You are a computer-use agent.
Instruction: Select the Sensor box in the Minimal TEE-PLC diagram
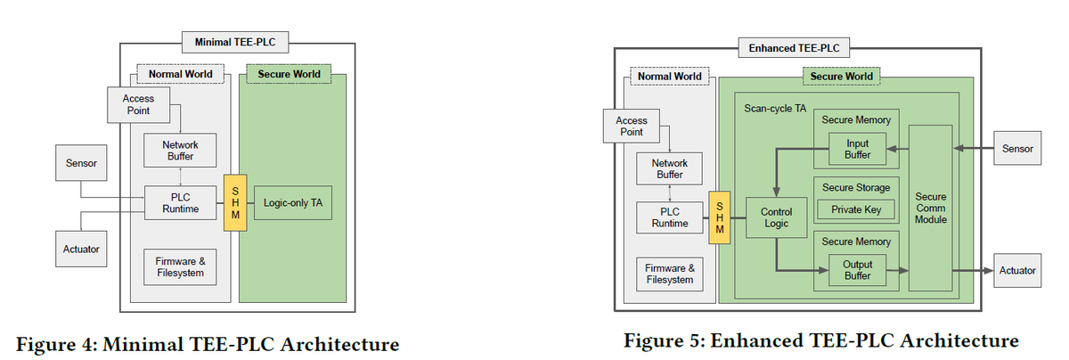point(81,164)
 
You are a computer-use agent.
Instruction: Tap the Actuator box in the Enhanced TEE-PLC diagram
point(1016,270)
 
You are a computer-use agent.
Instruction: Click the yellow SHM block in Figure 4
point(236,203)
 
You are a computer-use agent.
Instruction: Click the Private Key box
point(856,209)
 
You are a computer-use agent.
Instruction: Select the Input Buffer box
point(857,150)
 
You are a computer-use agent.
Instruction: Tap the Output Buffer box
point(857,270)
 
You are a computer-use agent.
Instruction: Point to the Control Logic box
point(775,217)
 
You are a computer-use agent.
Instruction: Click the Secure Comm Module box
point(930,208)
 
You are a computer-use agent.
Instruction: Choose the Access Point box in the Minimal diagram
point(138,104)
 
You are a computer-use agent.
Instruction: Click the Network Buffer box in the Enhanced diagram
point(669,169)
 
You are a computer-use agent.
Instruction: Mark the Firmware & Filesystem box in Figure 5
point(669,274)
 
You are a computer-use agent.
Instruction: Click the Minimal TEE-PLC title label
point(234,41)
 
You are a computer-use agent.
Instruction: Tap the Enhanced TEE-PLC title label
point(795,47)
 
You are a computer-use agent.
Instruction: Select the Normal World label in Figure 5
point(669,77)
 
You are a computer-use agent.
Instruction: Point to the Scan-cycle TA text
point(774,109)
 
